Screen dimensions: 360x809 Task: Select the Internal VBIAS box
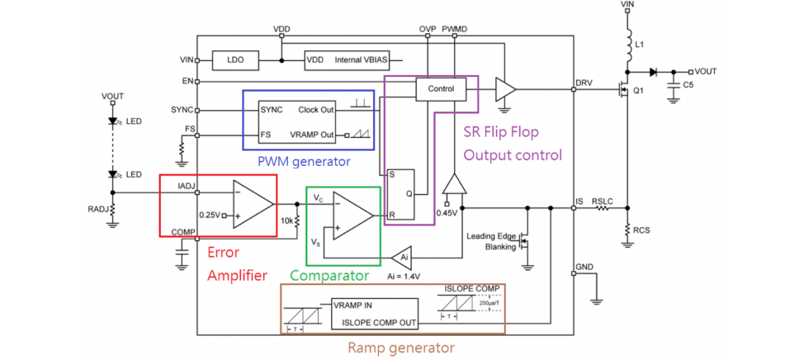click(348, 60)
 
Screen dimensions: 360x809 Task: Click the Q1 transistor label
click(637, 91)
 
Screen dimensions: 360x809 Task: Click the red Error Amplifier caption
click(237, 265)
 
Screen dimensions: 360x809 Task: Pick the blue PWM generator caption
click(303, 161)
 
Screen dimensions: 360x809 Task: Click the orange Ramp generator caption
click(400, 348)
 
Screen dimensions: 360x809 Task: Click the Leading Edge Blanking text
click(493, 241)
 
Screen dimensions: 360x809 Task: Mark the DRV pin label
click(584, 84)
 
